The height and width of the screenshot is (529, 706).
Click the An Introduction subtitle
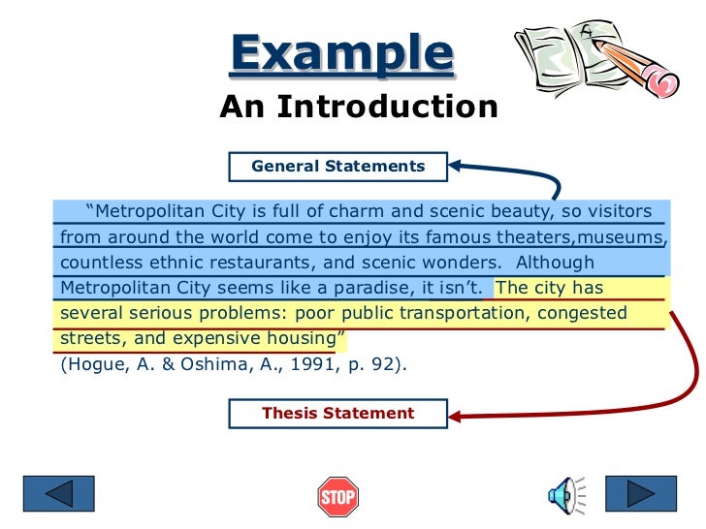point(358,107)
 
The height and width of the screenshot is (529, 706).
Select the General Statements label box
point(337,166)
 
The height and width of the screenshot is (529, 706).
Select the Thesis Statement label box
point(337,413)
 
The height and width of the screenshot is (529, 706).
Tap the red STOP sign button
point(337,497)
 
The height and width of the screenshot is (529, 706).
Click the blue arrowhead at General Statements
point(456,166)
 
